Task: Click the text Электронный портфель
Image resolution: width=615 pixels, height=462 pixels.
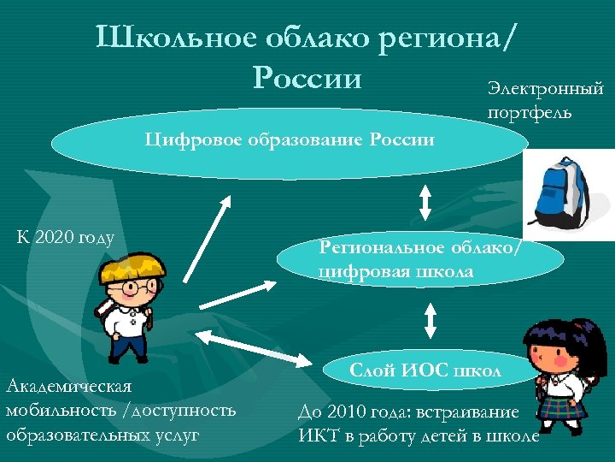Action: click(x=545, y=100)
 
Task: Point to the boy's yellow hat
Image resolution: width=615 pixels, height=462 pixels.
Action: click(x=131, y=264)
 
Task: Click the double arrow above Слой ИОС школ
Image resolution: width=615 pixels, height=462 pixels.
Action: click(x=430, y=320)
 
